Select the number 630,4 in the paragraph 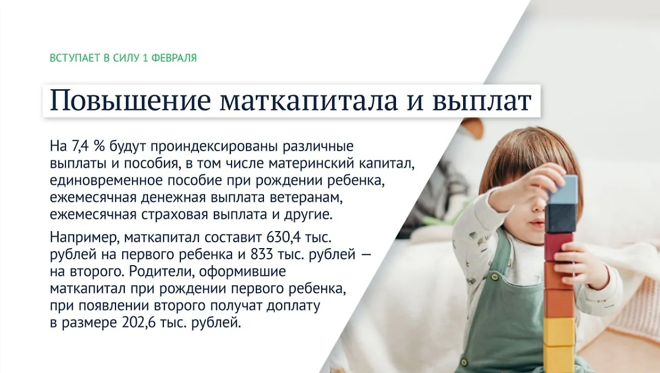(x=285, y=238)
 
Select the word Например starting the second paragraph (x=85, y=238)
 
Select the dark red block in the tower (x=558, y=246)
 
